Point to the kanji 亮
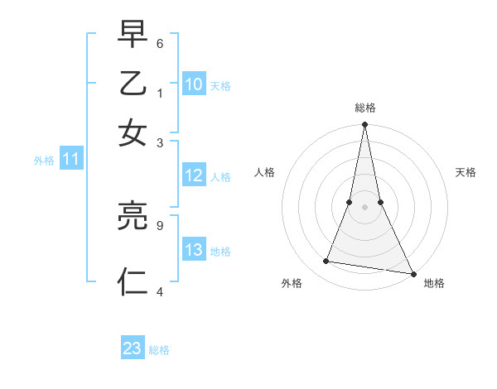pyautogui.click(x=133, y=218)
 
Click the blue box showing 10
pyautogui.click(x=193, y=84)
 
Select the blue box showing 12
pyautogui.click(x=193, y=175)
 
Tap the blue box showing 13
pyautogui.click(x=193, y=251)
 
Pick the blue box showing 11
pyautogui.click(x=70, y=160)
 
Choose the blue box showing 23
pyautogui.click(x=133, y=348)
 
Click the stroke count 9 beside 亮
pyautogui.click(x=160, y=223)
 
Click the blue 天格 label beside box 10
pyautogui.click(x=220, y=85)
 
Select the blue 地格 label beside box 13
pyautogui.click(x=220, y=252)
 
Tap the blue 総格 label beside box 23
pyautogui.click(x=159, y=350)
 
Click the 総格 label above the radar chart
pyautogui.click(x=364, y=108)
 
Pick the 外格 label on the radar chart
pyautogui.click(x=292, y=283)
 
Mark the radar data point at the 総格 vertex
pyautogui.click(x=364, y=125)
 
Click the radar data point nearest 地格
pyautogui.click(x=413, y=273)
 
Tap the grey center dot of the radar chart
pyautogui.click(x=364, y=207)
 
